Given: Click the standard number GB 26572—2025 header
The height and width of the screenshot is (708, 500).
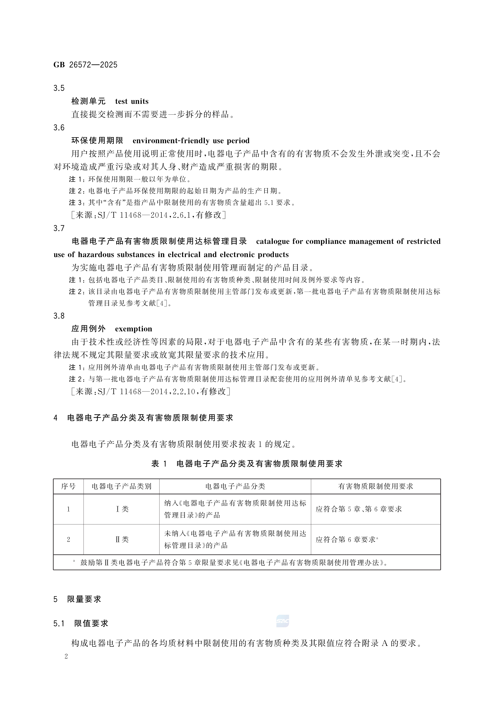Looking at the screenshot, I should (x=85, y=65).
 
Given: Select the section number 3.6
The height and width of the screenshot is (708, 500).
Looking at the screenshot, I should (x=59, y=128).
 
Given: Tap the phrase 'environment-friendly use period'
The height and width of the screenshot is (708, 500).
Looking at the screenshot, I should (x=191, y=141).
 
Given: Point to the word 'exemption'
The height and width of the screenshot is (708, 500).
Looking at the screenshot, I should (x=133, y=329).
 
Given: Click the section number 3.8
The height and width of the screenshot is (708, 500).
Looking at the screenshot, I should (x=59, y=316).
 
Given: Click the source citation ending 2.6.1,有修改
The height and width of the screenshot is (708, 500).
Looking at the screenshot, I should (x=149, y=215).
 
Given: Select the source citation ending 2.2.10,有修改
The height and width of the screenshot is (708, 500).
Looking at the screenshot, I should (x=151, y=392).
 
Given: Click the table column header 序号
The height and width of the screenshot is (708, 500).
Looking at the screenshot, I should (x=68, y=487).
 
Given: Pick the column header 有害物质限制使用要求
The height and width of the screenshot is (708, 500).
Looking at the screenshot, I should (x=376, y=487).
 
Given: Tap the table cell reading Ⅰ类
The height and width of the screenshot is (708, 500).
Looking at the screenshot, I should (x=122, y=509).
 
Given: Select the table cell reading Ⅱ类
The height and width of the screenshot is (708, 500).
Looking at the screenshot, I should (x=122, y=539).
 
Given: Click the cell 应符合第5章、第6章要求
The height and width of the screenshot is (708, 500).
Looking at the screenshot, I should (x=359, y=509).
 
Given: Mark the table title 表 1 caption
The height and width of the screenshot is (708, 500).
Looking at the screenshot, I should (x=247, y=464).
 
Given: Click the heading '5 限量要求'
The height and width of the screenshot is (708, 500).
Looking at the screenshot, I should (x=77, y=599).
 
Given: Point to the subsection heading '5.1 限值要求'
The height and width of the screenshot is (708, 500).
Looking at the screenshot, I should (x=81, y=623).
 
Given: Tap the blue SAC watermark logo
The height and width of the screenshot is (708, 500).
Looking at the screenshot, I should (x=282, y=621).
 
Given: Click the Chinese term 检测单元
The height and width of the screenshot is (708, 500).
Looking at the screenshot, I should (x=89, y=102).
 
